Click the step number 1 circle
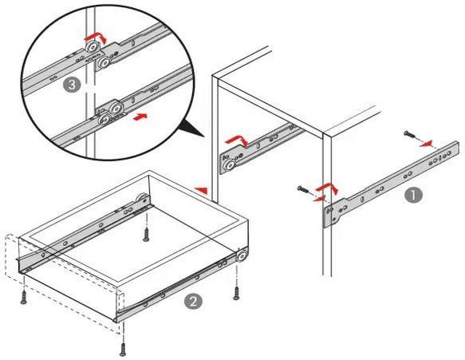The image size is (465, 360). (x=413, y=196)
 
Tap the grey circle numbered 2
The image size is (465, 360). (x=193, y=302)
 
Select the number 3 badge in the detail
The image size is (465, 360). (x=72, y=85)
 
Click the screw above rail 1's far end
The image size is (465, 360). (x=410, y=134)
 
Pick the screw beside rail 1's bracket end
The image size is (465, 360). (x=303, y=188)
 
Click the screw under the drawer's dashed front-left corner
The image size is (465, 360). (x=24, y=298)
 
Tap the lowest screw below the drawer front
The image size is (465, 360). (x=123, y=350)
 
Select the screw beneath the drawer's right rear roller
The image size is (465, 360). (x=236, y=294)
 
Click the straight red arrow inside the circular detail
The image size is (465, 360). (x=140, y=117)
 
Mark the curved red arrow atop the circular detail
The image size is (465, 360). (x=96, y=38)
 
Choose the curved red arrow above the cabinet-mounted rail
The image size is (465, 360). (x=237, y=140)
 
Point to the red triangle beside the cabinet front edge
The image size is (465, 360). (x=201, y=190)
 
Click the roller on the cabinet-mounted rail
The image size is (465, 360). (x=230, y=165)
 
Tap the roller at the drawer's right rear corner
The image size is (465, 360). (x=242, y=255)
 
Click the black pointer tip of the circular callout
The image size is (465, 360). (x=205, y=136)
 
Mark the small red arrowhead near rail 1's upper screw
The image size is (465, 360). (x=426, y=144)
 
